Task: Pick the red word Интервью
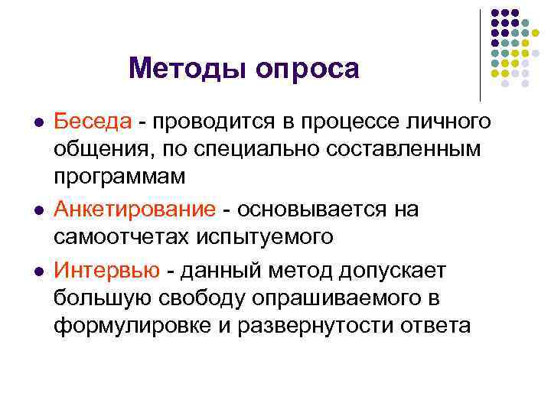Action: pyautogui.click(x=106, y=271)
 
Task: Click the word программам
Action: pyautogui.click(x=119, y=177)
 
